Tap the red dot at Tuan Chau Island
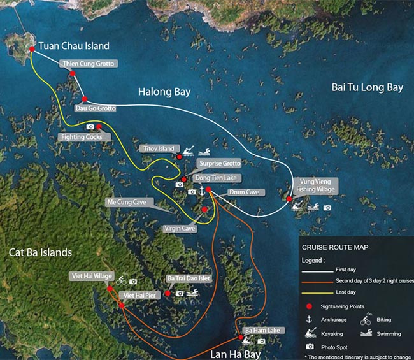[32, 48]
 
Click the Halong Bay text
[164, 92]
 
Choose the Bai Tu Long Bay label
[368, 87]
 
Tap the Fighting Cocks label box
[80, 136]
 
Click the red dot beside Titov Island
[180, 156]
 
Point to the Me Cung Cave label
[126, 202]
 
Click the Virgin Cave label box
[179, 228]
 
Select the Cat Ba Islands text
[41, 252]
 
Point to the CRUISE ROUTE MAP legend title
[334, 247]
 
